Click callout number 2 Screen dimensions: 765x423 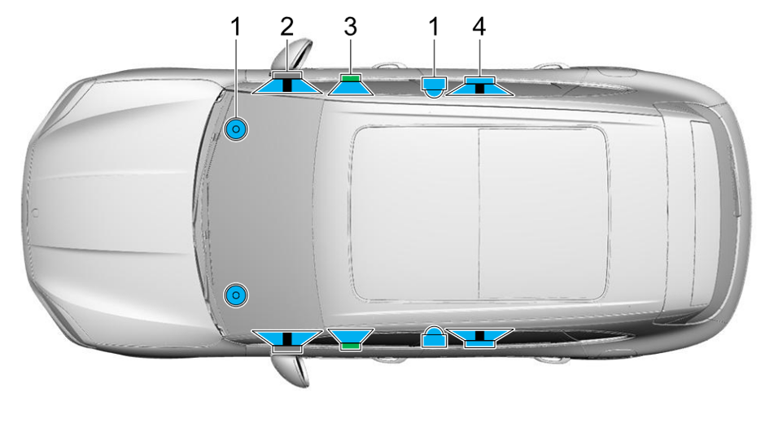click(286, 27)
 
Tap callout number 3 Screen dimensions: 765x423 click(350, 27)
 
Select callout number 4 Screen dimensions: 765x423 click(479, 27)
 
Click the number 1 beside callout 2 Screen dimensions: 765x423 click(236, 27)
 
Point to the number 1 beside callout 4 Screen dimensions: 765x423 click(434, 27)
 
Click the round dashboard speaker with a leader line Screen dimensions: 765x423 click(236, 130)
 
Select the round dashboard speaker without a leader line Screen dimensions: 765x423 click(236, 295)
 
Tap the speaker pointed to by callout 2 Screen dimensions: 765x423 click(286, 82)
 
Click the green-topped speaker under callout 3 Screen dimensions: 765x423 click(351, 85)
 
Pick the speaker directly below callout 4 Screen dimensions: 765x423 click(479, 86)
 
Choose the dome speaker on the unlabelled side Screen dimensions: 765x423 click(434, 337)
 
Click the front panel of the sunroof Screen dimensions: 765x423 click(415, 212)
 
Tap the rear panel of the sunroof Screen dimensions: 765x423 click(544, 212)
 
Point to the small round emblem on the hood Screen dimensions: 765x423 click(35, 213)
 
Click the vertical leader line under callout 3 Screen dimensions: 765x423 click(350, 56)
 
